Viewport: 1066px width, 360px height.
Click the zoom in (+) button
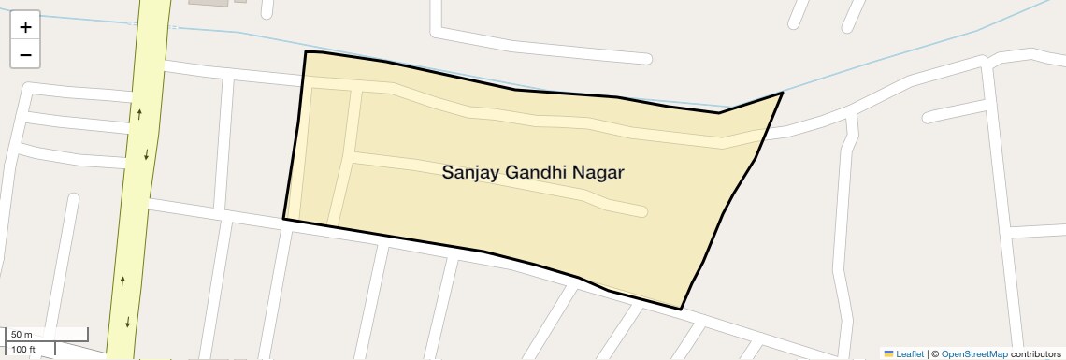pos(25,27)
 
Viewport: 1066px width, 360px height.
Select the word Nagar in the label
pos(598,173)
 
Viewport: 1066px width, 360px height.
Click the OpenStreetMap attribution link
pos(974,353)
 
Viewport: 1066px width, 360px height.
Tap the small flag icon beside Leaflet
pos(888,353)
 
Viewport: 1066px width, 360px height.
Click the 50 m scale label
pos(22,335)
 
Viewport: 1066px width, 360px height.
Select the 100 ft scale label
pos(23,349)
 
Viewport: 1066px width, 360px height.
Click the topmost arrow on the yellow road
pos(139,114)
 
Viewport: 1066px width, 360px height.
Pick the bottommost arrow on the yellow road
pos(128,323)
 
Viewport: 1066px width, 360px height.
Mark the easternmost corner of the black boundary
pos(782,93)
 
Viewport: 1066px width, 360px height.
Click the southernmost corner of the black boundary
pos(681,309)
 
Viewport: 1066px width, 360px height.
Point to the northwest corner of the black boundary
pos(306,52)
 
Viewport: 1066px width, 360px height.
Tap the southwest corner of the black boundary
pos(283,219)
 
